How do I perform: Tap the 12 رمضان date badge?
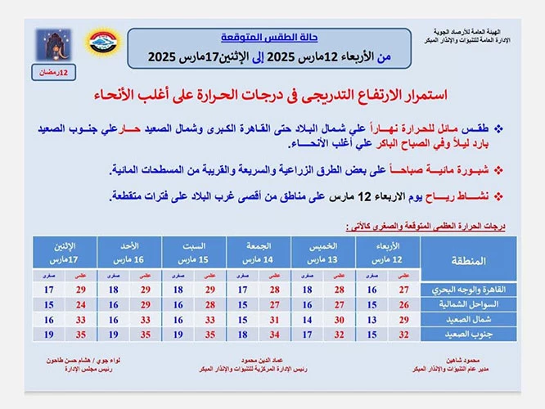click(x=56, y=74)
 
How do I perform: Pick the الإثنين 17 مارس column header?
click(x=65, y=252)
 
